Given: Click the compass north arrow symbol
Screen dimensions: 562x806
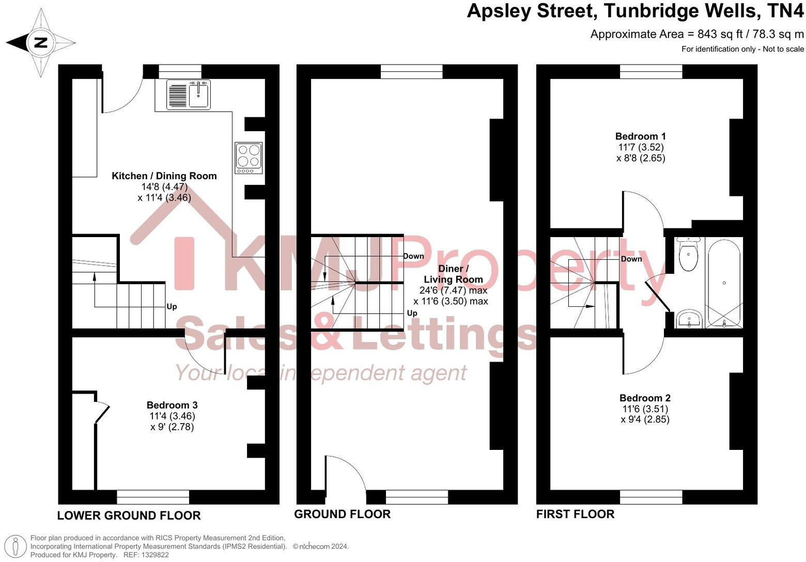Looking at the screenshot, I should point(40,43).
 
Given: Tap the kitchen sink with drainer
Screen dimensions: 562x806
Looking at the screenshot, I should point(188,95).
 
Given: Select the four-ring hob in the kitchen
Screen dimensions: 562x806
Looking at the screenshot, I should point(249,158).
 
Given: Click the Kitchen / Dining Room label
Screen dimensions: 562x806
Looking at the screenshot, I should point(164,176).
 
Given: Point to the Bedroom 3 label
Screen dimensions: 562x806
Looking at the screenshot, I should point(172,405).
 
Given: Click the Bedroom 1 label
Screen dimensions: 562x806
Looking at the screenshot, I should point(640,136).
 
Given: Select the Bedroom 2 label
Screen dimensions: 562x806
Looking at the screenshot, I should point(645,398).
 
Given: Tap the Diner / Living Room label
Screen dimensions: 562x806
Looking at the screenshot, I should point(453,274).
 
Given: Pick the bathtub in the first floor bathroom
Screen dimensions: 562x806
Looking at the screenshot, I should point(724,283).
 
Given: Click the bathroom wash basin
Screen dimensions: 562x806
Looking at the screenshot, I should point(689,319).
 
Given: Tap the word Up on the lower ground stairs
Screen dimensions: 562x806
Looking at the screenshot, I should point(172,307).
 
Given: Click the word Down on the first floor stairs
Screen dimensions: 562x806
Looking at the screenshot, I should point(631,259).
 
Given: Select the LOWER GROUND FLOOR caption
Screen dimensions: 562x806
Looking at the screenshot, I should point(129,516).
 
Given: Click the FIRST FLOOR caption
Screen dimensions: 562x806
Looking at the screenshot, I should point(575,514).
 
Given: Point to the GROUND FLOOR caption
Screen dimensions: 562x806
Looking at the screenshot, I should point(342,514).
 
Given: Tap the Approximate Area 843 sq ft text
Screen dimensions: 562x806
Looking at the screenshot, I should point(697,34).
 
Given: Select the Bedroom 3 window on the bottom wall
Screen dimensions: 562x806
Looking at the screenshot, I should point(153,497).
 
